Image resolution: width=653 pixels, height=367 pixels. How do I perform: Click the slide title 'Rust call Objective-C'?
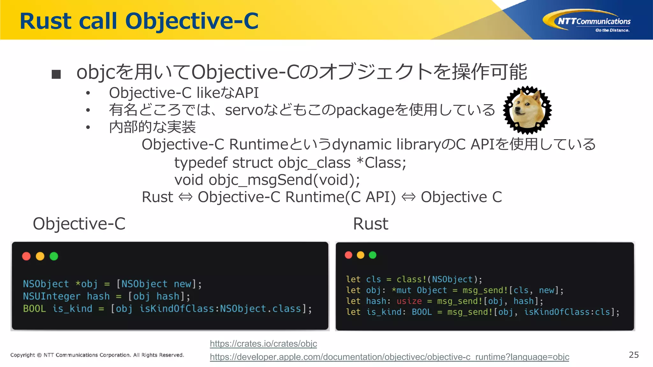[139, 21]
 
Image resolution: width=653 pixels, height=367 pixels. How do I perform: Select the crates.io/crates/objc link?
[263, 344]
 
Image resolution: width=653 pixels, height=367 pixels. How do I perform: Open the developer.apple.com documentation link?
[389, 357]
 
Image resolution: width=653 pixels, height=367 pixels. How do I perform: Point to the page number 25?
[634, 355]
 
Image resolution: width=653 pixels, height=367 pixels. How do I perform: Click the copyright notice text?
[97, 355]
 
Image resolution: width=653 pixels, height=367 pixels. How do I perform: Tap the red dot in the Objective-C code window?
[26, 256]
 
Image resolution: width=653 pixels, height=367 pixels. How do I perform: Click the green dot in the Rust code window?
[372, 255]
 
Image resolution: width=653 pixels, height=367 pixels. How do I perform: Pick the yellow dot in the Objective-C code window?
[40, 256]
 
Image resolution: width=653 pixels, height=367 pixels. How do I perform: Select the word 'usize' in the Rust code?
[409, 301]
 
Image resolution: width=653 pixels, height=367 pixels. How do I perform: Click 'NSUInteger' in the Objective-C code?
[51, 296]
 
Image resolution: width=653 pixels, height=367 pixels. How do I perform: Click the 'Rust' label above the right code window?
[371, 224]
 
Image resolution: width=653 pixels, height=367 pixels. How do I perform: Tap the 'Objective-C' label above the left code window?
[79, 224]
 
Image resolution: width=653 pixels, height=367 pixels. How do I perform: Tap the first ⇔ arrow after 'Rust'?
[185, 197]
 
